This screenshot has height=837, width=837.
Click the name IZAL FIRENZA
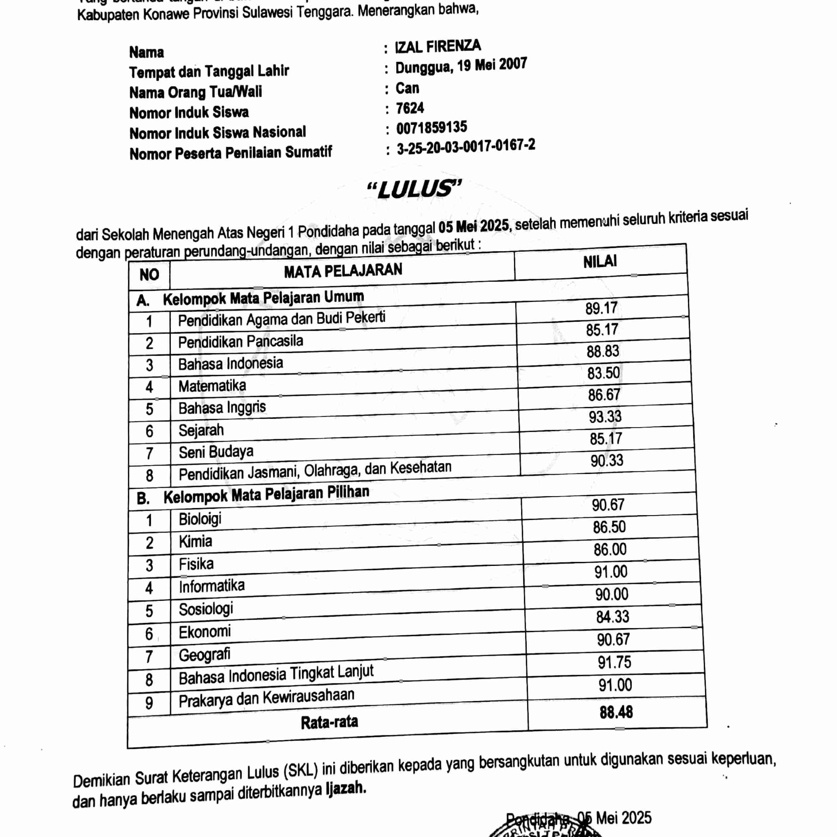(438, 46)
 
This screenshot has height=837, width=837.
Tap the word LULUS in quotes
(414, 190)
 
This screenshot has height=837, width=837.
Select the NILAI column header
(600, 262)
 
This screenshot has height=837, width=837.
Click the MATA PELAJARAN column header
(343, 271)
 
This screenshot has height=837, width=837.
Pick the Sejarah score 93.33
(605, 417)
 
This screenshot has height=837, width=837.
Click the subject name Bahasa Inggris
(222, 408)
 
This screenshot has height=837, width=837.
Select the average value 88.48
(616, 712)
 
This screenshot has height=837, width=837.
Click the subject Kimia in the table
(195, 541)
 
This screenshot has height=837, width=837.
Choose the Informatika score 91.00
(610, 572)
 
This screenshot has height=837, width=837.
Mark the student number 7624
(410, 108)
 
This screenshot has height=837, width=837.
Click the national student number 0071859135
(431, 127)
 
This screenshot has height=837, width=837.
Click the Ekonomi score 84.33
(612, 617)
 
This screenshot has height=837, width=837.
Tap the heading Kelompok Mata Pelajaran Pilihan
(266, 495)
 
